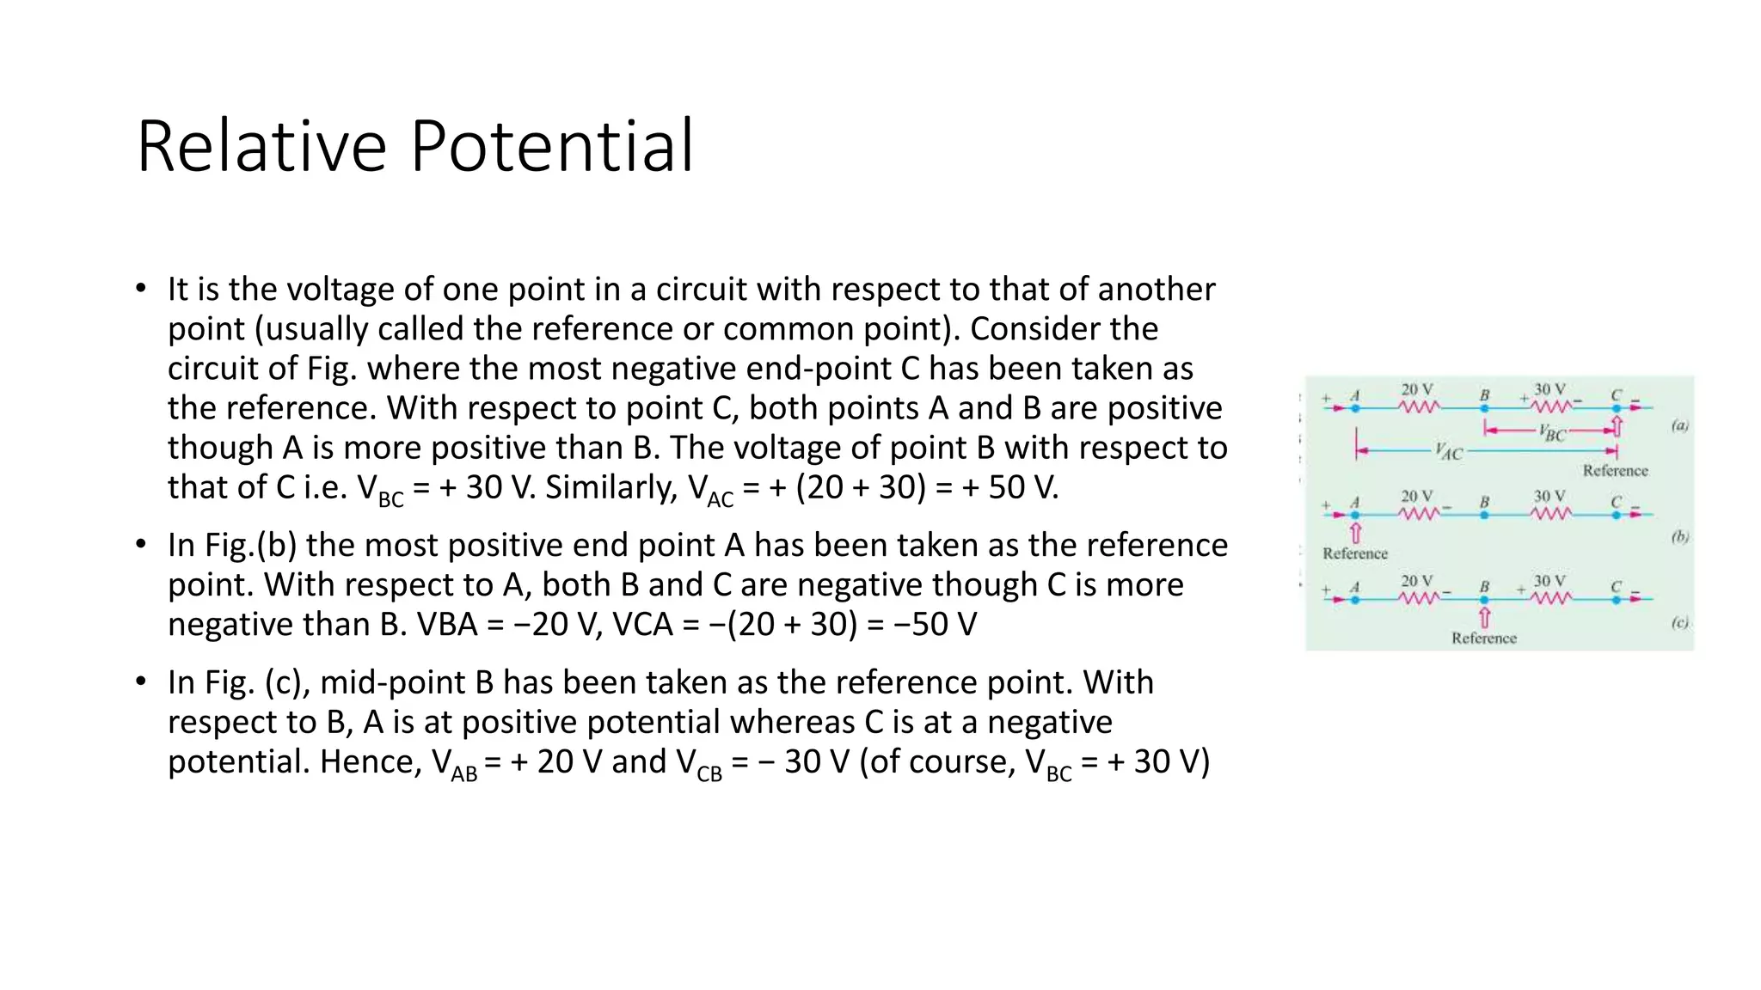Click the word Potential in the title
pyautogui.click(x=551, y=146)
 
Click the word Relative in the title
pyautogui.click(x=262, y=146)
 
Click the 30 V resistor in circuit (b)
pyautogui.click(x=1550, y=513)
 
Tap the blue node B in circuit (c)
pyautogui.click(x=1484, y=599)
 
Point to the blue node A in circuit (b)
pyautogui.click(x=1355, y=515)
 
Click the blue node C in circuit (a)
pyautogui.click(x=1616, y=408)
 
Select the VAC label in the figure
pyautogui.click(x=1449, y=452)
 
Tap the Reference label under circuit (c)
pyautogui.click(x=1483, y=638)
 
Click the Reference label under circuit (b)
pyautogui.click(x=1355, y=553)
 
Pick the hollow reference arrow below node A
pyautogui.click(x=1356, y=533)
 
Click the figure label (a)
pyautogui.click(x=1679, y=425)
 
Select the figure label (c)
pyautogui.click(x=1679, y=623)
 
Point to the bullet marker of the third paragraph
pyautogui.click(x=141, y=681)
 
